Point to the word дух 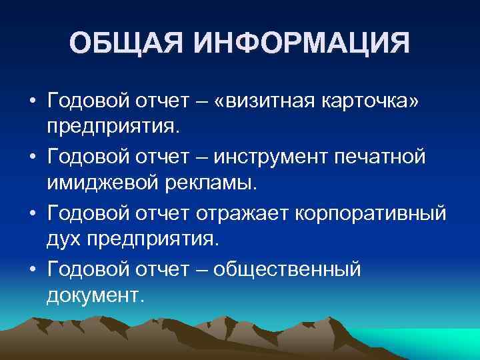click(x=62, y=237)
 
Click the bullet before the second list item click(x=31, y=159)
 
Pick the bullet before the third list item click(x=31, y=215)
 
